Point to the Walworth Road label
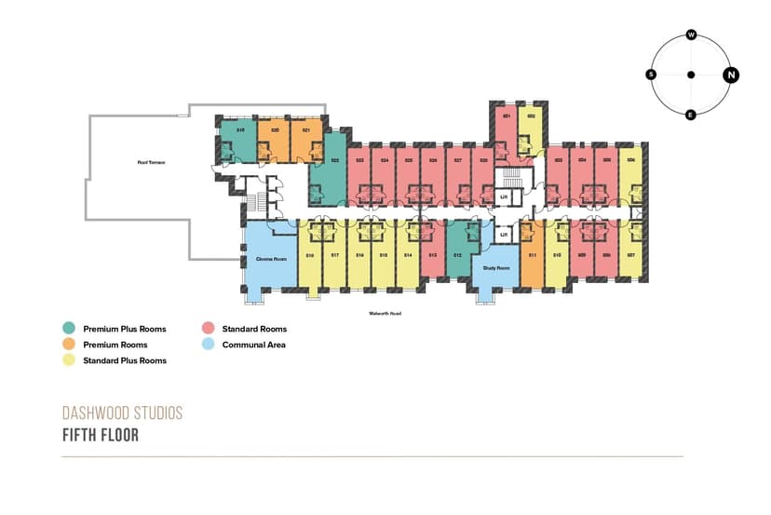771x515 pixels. [384, 314]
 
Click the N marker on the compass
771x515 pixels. [731, 75]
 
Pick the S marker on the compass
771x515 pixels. [651, 75]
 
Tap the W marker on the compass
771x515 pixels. [691, 34]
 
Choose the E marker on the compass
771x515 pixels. [691, 115]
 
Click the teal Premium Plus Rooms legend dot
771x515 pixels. [68, 329]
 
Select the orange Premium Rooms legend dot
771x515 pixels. [68, 345]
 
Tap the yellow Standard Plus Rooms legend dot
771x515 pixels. [68, 360]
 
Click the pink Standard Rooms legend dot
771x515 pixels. [207, 329]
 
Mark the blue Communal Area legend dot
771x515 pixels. [207, 345]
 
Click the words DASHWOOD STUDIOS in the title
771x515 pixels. [122, 413]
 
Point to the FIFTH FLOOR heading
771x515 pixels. [101, 435]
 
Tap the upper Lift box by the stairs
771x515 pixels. [503, 197]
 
